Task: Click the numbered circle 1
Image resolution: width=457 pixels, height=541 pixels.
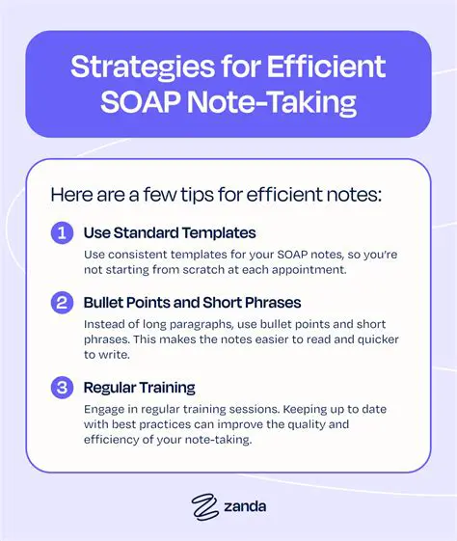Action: tap(61, 233)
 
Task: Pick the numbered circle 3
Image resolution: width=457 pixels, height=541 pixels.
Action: tap(61, 388)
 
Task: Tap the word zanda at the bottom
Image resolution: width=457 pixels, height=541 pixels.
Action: tap(244, 504)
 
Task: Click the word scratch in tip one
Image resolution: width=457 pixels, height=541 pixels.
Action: tap(201, 270)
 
